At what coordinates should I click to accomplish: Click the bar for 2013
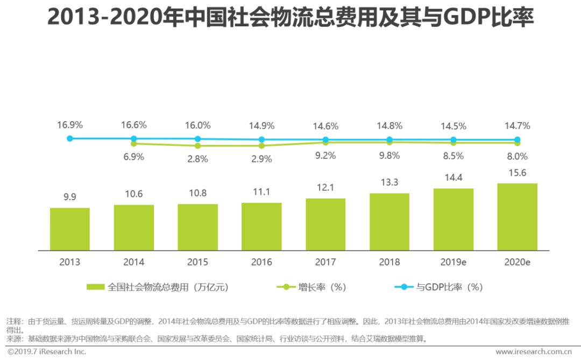pyautogui.click(x=70, y=229)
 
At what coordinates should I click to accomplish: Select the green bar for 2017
pyautogui.click(x=325, y=224)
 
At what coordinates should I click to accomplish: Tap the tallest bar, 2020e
pyautogui.click(x=517, y=216)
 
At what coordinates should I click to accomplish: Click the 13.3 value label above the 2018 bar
pyautogui.click(x=389, y=182)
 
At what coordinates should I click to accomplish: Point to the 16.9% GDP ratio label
pyautogui.click(x=70, y=125)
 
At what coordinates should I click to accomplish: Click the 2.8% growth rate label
pyautogui.click(x=198, y=159)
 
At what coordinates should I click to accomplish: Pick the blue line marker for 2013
pyautogui.click(x=70, y=138)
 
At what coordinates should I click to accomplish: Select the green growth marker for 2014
pyautogui.click(x=133, y=144)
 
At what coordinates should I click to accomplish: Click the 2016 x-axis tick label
pyautogui.click(x=261, y=262)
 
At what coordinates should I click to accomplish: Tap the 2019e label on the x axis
pyautogui.click(x=453, y=262)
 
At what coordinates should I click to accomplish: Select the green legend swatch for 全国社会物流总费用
pyautogui.click(x=95, y=287)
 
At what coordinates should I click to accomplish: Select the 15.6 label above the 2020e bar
pyautogui.click(x=517, y=172)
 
